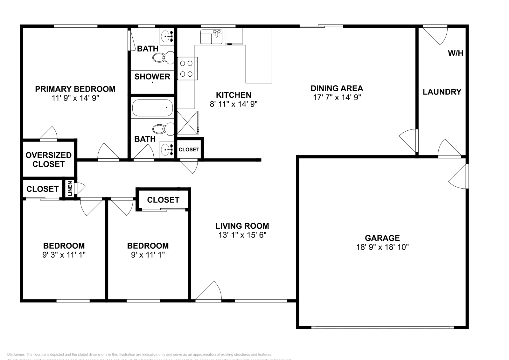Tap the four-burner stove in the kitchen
pyautogui.click(x=187, y=68)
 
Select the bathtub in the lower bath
pyautogui.click(x=152, y=108)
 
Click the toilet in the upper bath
pyautogui.click(x=163, y=58)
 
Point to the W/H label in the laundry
pyautogui.click(x=455, y=53)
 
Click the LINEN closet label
pyautogui.click(x=70, y=189)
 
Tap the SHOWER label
pyautogui.click(x=152, y=77)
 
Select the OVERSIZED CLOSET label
pyautogui.click(x=48, y=160)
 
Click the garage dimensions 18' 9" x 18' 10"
pyautogui.click(x=382, y=247)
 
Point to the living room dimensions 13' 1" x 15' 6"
pyautogui.click(x=242, y=235)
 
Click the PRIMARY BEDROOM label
pyautogui.click(x=75, y=89)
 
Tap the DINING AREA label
pyautogui.click(x=337, y=88)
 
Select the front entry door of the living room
pyautogui.click(x=208, y=291)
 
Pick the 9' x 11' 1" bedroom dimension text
pyautogui.click(x=148, y=255)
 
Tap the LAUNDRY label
pyautogui.click(x=442, y=92)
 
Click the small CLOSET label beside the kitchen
pyautogui.click(x=189, y=149)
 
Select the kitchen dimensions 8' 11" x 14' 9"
pyautogui.click(x=233, y=104)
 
